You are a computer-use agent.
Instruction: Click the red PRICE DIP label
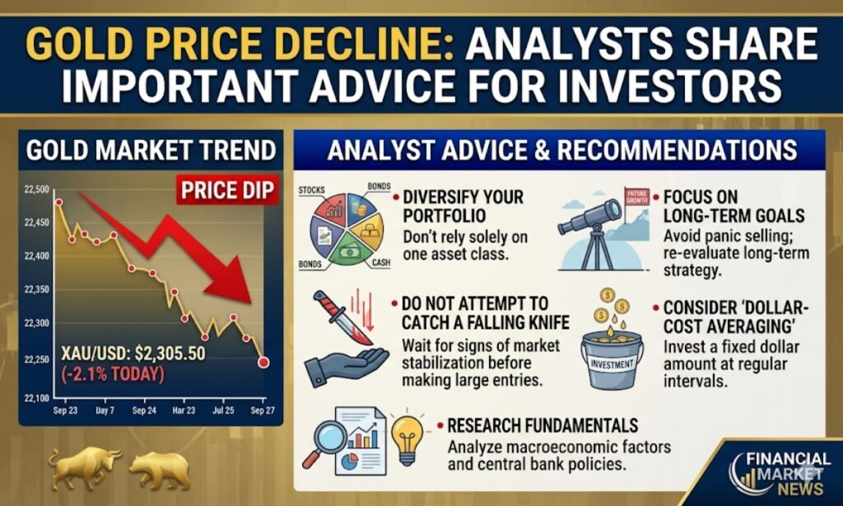(224, 192)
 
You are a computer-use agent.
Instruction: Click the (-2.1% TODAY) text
(112, 374)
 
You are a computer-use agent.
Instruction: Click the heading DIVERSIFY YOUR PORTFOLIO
(463, 207)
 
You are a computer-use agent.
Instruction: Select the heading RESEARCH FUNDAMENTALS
(543, 425)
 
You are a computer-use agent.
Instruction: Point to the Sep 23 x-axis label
(66, 410)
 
